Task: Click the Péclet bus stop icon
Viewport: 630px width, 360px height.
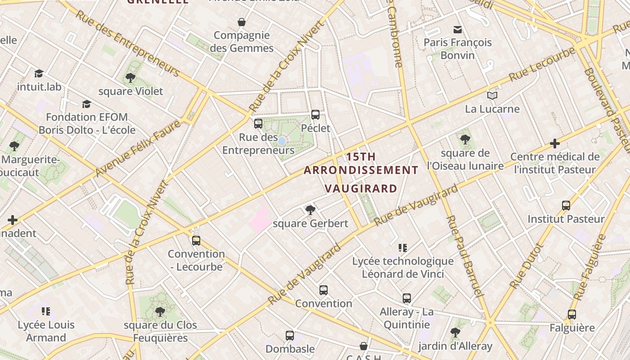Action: (315, 115)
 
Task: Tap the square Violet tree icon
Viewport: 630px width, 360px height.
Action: (130, 78)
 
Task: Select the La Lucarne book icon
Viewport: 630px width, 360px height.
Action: (492, 96)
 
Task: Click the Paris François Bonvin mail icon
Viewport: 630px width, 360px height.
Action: (458, 30)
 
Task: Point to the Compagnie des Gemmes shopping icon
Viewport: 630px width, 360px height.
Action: (242, 22)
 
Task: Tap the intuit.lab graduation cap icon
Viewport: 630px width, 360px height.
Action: (39, 73)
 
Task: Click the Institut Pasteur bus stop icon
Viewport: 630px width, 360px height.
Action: (566, 206)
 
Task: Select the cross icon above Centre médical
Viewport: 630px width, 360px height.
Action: (555, 144)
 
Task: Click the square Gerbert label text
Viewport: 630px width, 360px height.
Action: (310, 224)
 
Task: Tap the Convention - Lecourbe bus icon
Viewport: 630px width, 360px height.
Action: (196, 241)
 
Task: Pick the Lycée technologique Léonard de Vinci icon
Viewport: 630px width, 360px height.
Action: (403, 248)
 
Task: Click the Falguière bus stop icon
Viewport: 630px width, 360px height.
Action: (572, 315)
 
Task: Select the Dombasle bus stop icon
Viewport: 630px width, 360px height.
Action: (290, 336)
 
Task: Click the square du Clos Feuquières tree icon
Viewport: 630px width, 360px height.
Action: (160, 312)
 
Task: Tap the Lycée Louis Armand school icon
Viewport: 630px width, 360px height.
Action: (46, 311)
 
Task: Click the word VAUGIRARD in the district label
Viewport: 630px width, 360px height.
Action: (361, 189)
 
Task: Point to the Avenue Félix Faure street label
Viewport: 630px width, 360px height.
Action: (137, 148)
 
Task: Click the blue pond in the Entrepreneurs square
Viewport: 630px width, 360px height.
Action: (282, 141)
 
